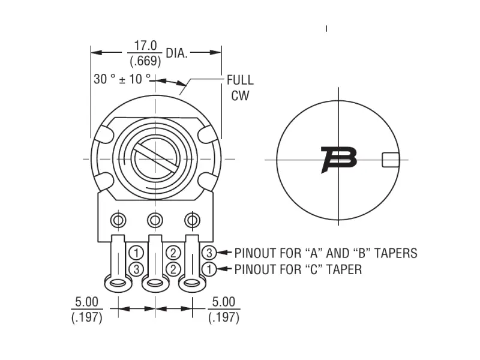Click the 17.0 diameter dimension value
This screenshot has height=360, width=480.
[145, 46]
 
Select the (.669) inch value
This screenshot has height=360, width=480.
[145, 61]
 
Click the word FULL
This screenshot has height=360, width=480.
[239, 80]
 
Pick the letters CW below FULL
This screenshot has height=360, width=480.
[239, 95]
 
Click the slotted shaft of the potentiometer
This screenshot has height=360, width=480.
[155, 158]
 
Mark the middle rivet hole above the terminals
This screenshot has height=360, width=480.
[155, 220]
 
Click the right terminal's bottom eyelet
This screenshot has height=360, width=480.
[192, 283]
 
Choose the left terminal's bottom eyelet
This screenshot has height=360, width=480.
[118, 283]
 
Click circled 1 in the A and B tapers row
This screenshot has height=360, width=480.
[137, 253]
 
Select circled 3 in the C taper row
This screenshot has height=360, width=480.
[137, 269]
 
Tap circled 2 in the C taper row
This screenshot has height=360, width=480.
[173, 269]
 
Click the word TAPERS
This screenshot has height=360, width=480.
[391, 253]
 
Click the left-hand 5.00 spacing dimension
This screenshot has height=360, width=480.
[86, 302]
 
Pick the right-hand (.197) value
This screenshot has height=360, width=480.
[224, 317]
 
